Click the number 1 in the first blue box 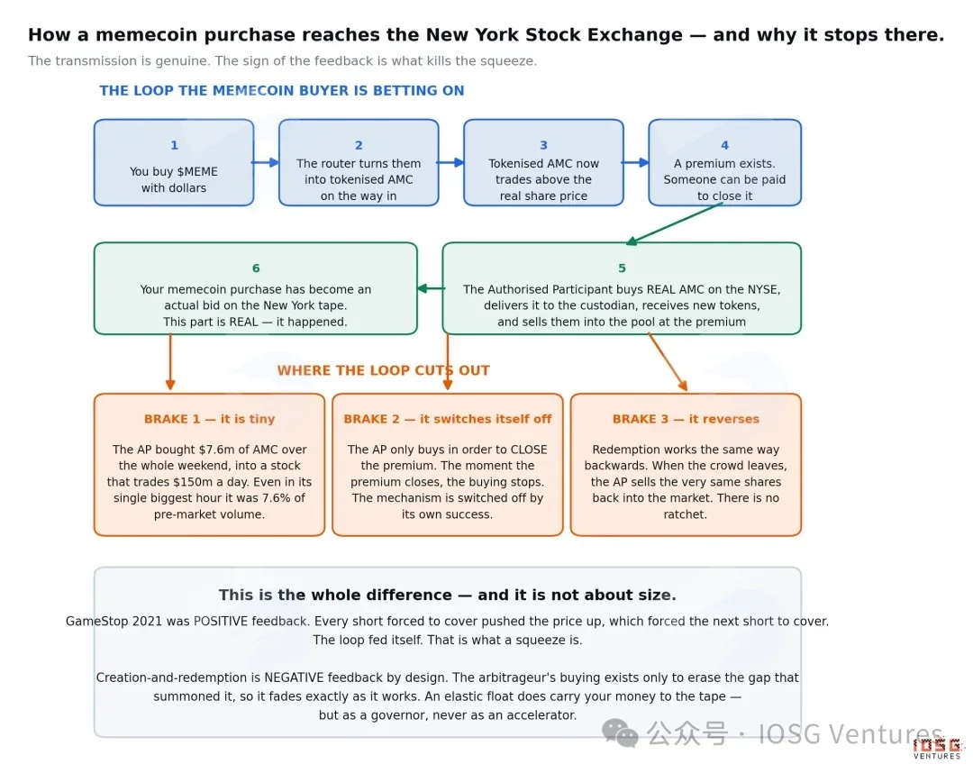[175, 145]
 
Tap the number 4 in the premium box [724, 145]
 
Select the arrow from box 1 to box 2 [266, 162]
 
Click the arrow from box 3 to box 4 [635, 162]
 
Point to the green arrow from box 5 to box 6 [431, 288]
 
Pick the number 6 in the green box [256, 268]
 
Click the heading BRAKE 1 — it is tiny [209, 419]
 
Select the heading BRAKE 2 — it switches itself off [448, 419]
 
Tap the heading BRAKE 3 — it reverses [686, 419]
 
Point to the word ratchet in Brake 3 [683, 514]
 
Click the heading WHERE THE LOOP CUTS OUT [384, 370]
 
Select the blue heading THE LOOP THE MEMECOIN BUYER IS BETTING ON [282, 91]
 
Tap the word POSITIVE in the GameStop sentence [220, 621]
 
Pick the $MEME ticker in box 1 [196, 172]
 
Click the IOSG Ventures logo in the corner [937, 748]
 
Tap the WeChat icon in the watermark [620, 733]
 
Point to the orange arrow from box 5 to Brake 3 [668, 362]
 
